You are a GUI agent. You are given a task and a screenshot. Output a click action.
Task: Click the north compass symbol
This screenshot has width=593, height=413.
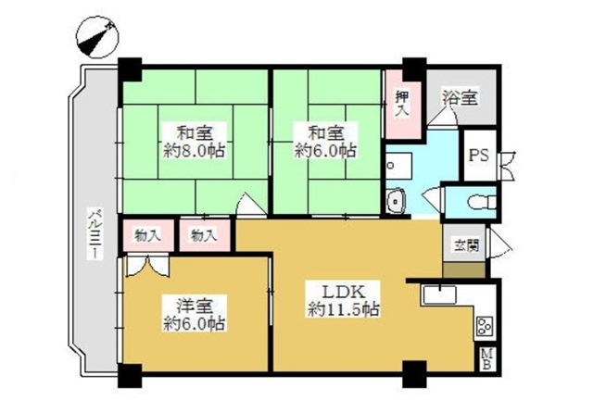(x=97, y=37)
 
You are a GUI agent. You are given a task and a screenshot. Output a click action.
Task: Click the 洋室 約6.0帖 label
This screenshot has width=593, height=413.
(x=195, y=314)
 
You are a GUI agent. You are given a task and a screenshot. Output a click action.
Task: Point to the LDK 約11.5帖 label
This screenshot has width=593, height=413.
(x=344, y=300)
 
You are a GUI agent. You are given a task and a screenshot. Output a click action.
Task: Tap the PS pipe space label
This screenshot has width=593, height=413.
(x=479, y=156)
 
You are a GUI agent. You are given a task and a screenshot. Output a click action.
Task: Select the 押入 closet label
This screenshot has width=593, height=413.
(x=402, y=104)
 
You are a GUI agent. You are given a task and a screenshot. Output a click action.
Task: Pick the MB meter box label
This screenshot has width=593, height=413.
(x=487, y=359)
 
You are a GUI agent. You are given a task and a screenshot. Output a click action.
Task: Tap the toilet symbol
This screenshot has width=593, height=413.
(x=482, y=202)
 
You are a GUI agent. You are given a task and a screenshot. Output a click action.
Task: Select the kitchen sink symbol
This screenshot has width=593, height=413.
(x=439, y=295)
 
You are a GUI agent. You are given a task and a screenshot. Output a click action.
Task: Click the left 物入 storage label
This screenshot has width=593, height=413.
(x=148, y=236)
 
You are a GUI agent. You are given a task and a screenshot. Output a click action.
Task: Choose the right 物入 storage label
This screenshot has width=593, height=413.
(x=204, y=236)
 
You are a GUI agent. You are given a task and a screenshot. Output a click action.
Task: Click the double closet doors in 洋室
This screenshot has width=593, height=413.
(x=146, y=266)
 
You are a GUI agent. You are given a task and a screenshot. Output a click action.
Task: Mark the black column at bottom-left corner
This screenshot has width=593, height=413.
(x=130, y=376)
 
